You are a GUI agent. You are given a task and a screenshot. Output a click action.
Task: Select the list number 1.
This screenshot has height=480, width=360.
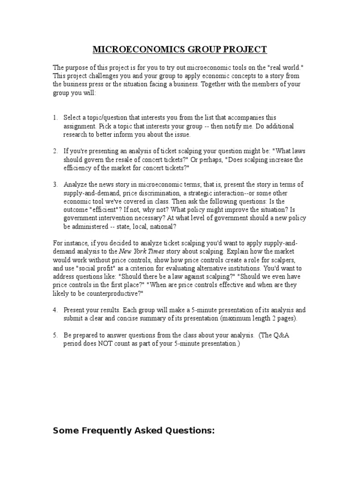click(55, 117)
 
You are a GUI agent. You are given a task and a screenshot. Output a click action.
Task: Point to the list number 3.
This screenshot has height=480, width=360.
click(55, 184)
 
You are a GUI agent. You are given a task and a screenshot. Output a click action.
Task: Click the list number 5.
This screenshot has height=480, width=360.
click(55, 335)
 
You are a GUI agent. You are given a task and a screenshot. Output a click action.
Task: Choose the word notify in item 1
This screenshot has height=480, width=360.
click(223, 126)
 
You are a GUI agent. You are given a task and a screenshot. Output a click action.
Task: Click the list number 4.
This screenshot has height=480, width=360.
click(55, 310)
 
